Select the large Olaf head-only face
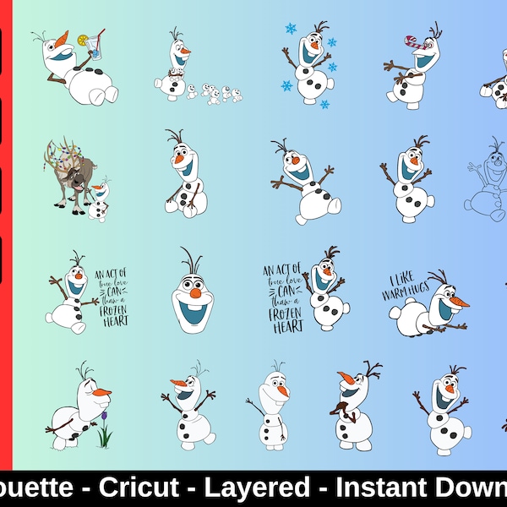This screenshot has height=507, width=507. click(192, 292)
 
